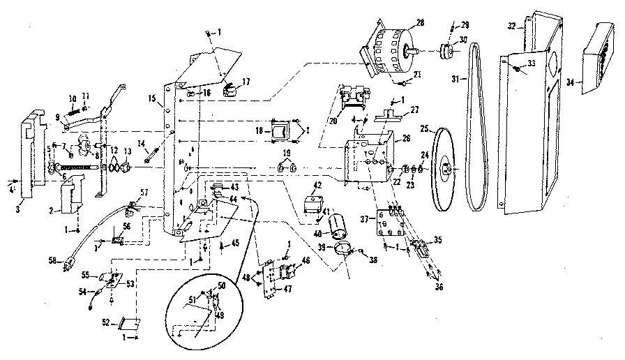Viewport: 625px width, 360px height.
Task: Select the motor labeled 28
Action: tap(391, 50)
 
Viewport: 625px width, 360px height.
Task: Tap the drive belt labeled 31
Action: tap(475, 126)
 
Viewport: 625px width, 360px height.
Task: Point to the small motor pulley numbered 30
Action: tap(445, 52)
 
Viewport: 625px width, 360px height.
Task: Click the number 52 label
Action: tap(107, 322)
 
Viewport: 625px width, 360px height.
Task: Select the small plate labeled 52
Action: tap(128, 323)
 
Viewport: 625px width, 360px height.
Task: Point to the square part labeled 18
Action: tap(283, 130)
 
